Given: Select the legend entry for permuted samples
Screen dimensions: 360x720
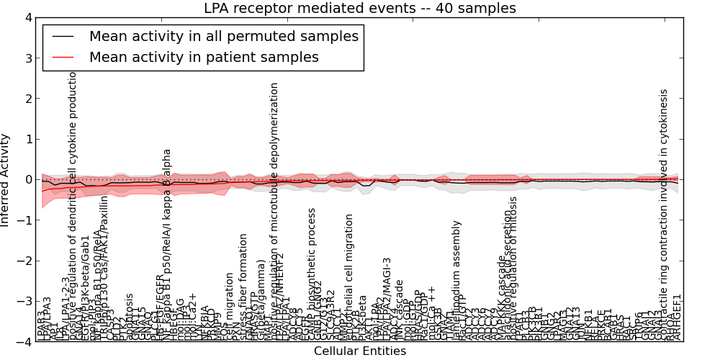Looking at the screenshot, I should click(x=223, y=35).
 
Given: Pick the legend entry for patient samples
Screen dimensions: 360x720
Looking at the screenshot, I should click(x=204, y=57).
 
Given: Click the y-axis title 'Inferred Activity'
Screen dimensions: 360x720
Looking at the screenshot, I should click(x=6, y=180).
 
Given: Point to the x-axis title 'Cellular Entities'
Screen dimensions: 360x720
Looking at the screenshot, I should click(x=360, y=351).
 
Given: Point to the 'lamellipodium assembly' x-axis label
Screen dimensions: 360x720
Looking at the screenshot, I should click(x=456, y=281).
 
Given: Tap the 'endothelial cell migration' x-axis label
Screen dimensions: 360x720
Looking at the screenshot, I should click(x=349, y=277).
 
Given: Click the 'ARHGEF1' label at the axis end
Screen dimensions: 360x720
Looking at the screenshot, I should click(x=677, y=317).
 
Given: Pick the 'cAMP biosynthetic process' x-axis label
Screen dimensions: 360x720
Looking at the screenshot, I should click(x=312, y=274).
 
